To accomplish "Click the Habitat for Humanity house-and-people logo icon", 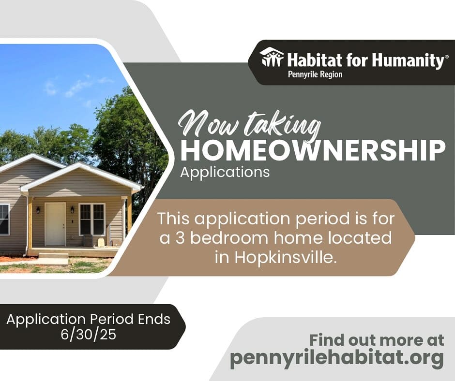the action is [x=272, y=57].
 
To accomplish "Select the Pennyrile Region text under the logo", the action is [x=315, y=74].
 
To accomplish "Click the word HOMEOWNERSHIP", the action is [x=313, y=150].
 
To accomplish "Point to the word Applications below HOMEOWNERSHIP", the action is [x=225, y=172].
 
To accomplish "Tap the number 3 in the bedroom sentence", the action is [x=180, y=238].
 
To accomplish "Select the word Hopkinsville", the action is [x=286, y=257].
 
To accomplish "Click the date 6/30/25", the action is [x=89, y=335].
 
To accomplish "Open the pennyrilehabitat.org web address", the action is [x=337, y=358].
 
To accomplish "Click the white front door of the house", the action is [x=55, y=224].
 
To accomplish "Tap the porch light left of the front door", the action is [x=38, y=210].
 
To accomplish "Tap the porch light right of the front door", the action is [x=72, y=209].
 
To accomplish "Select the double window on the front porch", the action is [x=92, y=220].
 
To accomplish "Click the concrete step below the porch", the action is [x=53, y=256].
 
